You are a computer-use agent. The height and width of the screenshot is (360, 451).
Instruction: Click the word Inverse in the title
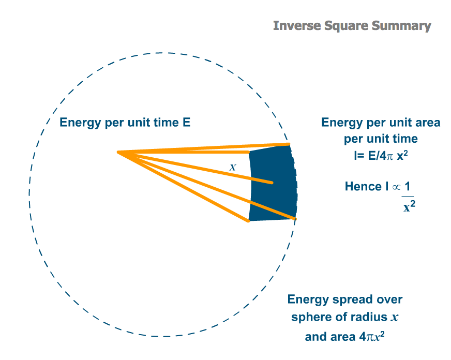(x=297, y=25)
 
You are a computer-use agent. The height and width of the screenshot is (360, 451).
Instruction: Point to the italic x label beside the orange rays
(x=233, y=167)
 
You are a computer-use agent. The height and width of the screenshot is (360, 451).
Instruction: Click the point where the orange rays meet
(x=118, y=152)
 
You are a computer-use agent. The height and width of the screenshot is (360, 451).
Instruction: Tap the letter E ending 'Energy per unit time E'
(x=186, y=122)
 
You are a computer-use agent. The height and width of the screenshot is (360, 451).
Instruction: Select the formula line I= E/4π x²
(x=381, y=156)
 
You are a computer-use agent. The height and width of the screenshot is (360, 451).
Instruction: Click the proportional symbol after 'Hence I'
(x=396, y=187)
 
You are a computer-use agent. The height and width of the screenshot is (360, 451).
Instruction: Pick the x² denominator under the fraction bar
(x=409, y=206)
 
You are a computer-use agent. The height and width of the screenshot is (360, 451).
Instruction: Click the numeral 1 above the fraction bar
(x=407, y=186)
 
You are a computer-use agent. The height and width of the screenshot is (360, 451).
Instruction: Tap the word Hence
(x=363, y=186)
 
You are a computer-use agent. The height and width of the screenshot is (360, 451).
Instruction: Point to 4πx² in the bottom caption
(x=372, y=336)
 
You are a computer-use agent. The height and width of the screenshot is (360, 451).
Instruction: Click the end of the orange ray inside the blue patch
(x=272, y=183)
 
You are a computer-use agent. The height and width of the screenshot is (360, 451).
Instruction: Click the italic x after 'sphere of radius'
(x=394, y=318)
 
